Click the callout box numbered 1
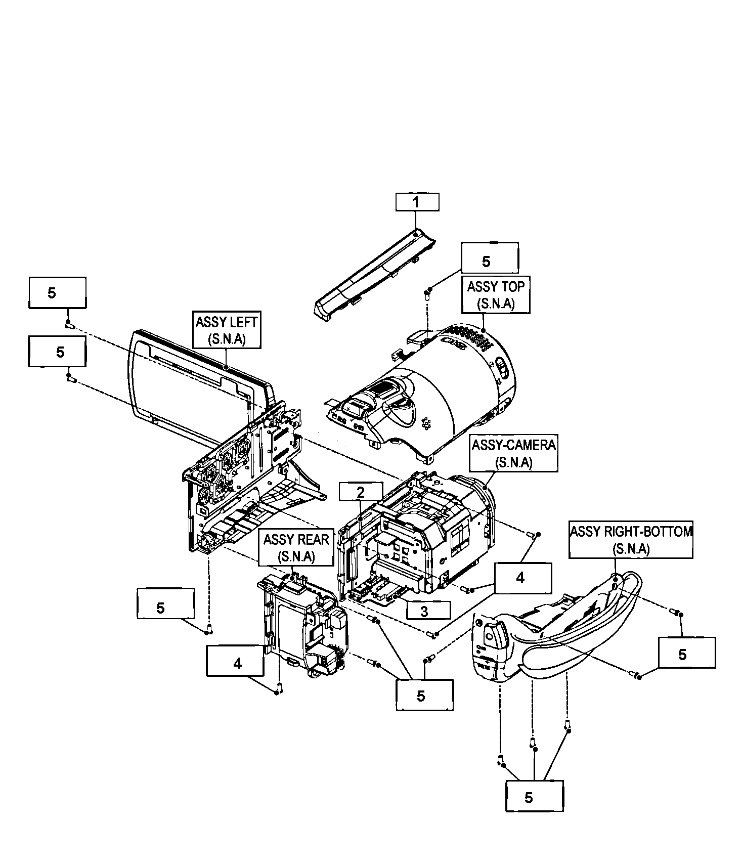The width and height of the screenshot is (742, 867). [417, 202]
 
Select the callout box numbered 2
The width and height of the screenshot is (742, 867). [361, 492]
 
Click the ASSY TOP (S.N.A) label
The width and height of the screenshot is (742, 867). [496, 294]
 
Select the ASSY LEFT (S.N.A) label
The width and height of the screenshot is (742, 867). [227, 330]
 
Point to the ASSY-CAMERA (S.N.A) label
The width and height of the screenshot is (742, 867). [514, 453]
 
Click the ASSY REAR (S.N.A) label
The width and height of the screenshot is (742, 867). [296, 547]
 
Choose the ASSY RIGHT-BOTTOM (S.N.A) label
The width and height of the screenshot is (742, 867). [631, 540]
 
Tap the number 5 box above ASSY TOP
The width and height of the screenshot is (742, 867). [490, 258]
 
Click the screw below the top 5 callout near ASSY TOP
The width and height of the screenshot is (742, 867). [427, 293]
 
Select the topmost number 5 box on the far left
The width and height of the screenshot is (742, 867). [57, 292]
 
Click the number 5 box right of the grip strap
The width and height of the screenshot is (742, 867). [686, 653]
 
